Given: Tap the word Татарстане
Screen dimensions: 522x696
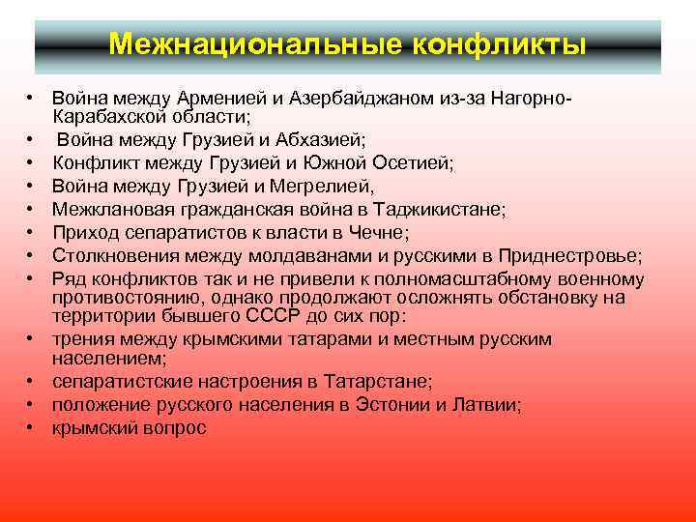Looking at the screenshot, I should (373, 382).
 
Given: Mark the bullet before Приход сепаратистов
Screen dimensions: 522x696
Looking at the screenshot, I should (32, 232).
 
